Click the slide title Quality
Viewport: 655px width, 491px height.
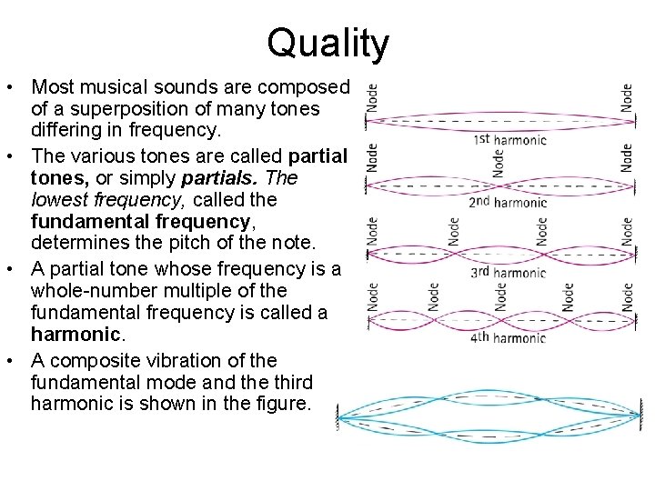coord(328,43)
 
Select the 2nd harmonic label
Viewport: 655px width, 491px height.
coord(509,202)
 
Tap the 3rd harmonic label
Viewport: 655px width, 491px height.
coord(509,272)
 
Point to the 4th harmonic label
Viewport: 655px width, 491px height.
coord(509,337)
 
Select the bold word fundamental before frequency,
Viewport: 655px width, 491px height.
coord(86,222)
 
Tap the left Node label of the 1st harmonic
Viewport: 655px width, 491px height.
coord(372,98)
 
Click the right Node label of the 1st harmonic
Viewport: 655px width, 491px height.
coord(627,98)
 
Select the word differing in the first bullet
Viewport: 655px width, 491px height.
coord(65,131)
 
